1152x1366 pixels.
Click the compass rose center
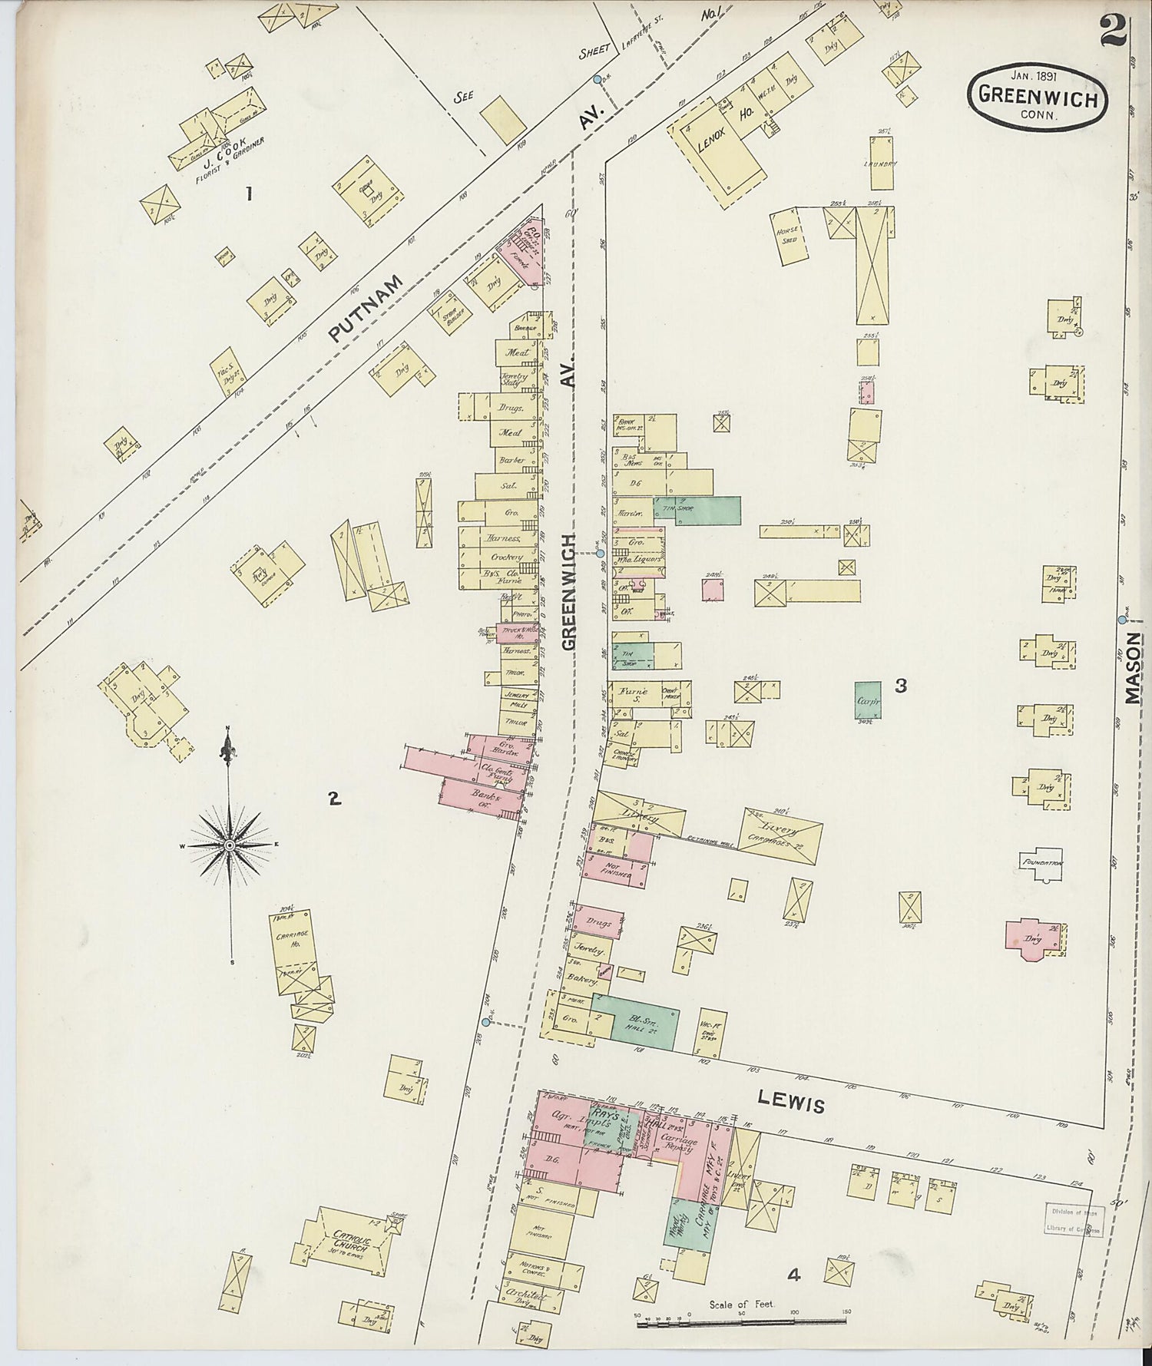229,845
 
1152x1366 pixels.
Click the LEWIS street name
791,1102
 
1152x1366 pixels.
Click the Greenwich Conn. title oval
1037,98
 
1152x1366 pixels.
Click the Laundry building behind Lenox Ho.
882,163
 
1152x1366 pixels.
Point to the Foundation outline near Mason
1041,862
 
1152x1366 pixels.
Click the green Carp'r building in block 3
868,699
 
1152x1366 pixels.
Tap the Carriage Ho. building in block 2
293,950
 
